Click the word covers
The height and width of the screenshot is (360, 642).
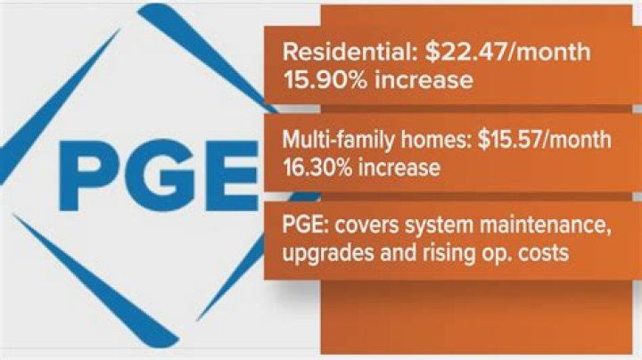click(356, 226)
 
